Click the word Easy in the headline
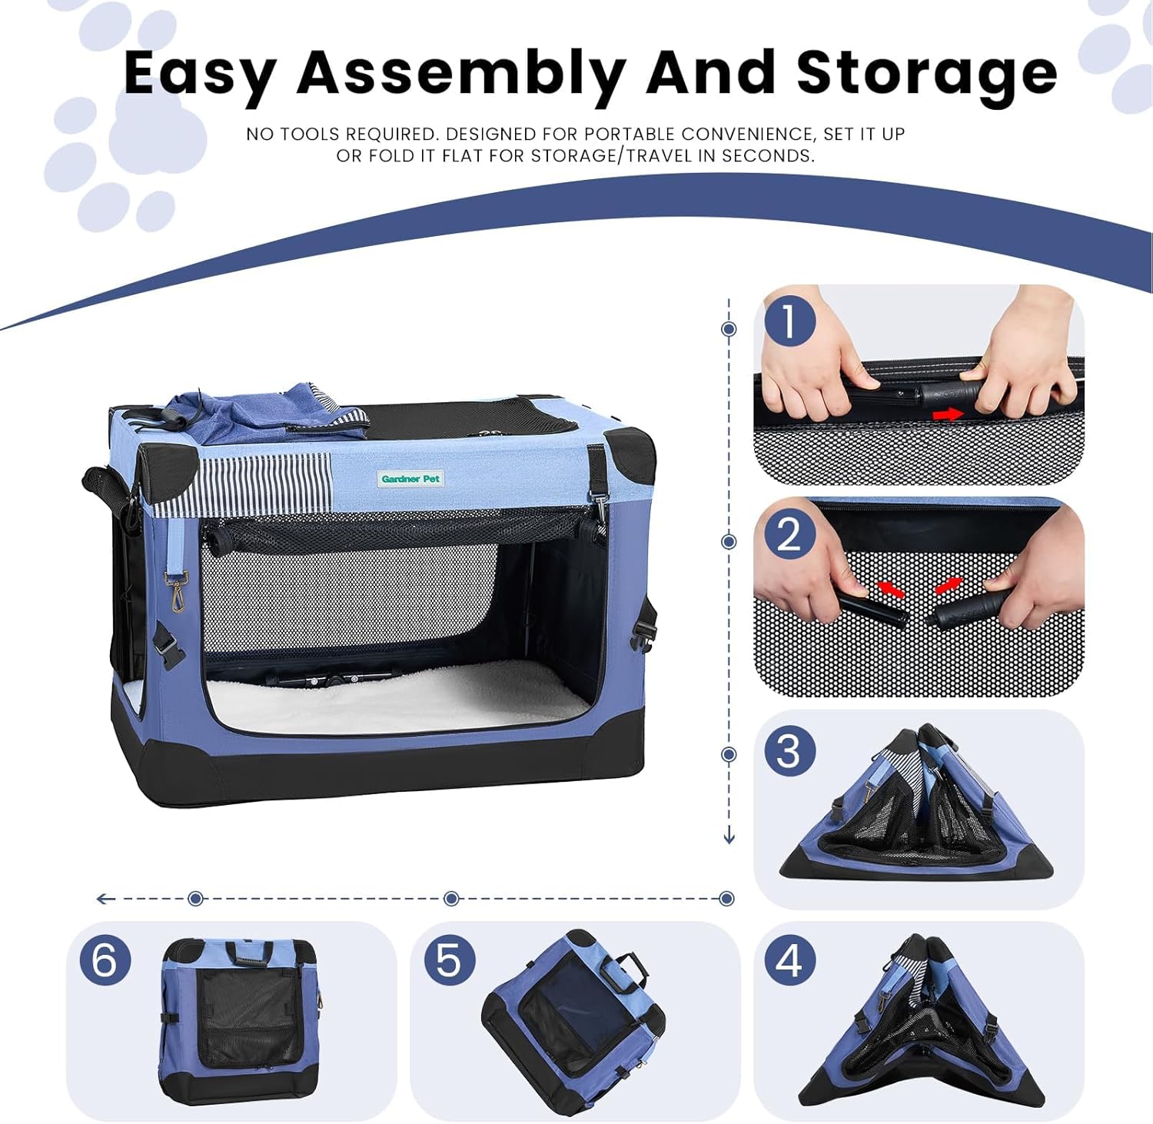pos(200,73)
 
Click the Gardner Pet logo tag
pos(410,479)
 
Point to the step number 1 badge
pos(789,321)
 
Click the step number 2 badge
pos(789,534)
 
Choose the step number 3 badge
pos(789,750)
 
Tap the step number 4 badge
pos(789,960)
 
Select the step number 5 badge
pos(450,960)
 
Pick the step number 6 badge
pos(105,960)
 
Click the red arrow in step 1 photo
pos(948,414)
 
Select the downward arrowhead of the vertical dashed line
pos(729,837)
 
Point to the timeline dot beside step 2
pos(729,542)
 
